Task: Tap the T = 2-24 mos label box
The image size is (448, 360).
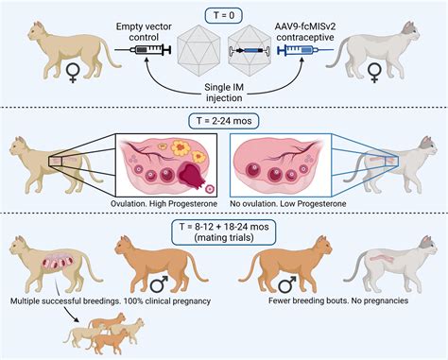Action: [x=224, y=120]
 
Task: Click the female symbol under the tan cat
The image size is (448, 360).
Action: [x=67, y=96]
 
